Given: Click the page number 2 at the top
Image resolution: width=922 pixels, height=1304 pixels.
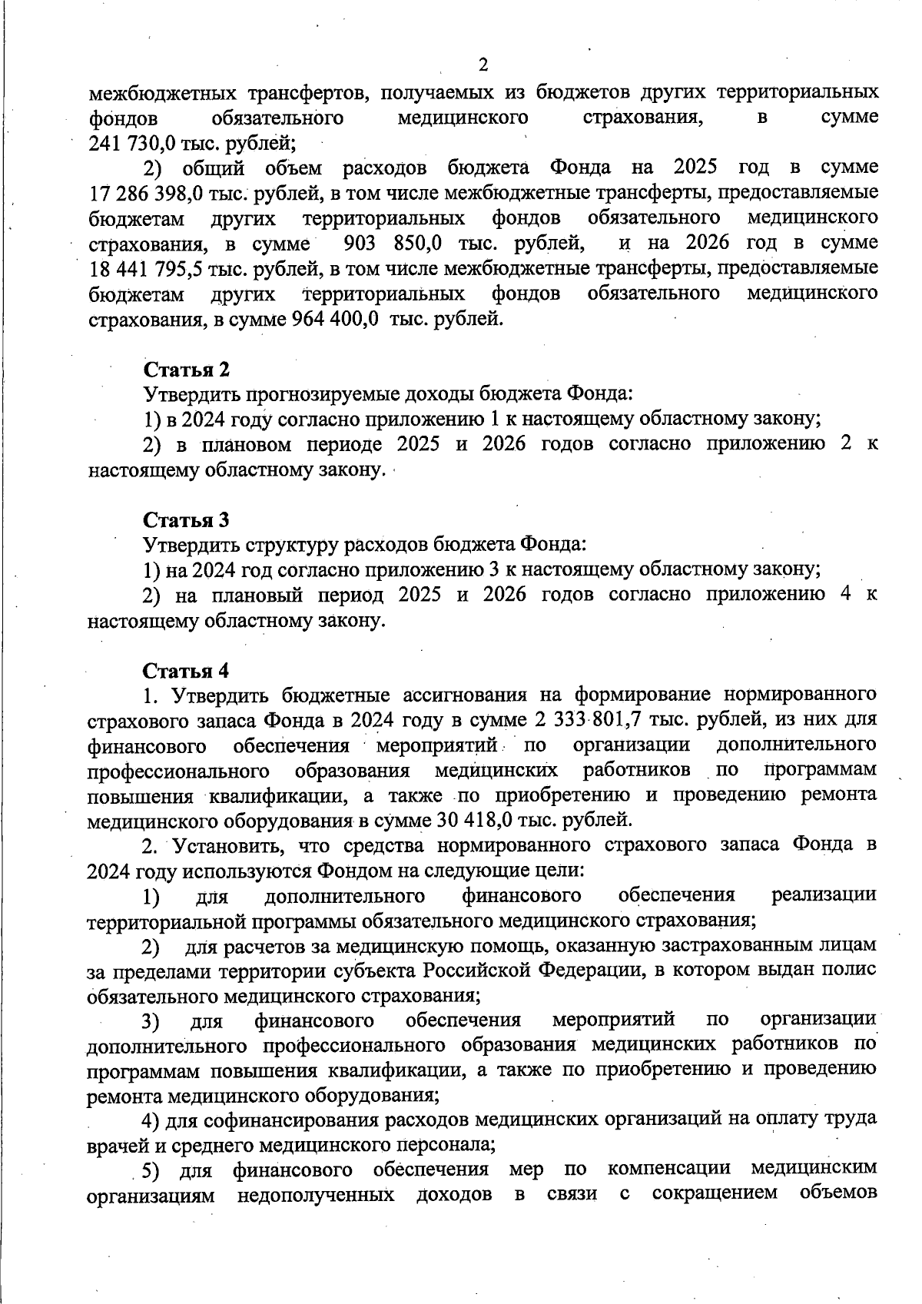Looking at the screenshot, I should pyautogui.click(x=483, y=65).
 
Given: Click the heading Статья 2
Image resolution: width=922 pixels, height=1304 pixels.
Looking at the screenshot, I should pyautogui.click(x=187, y=370).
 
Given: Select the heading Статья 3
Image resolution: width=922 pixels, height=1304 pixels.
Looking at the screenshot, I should pyautogui.click(x=187, y=520).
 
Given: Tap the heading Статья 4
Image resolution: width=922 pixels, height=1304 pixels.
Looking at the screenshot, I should pyautogui.click(x=187, y=671).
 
